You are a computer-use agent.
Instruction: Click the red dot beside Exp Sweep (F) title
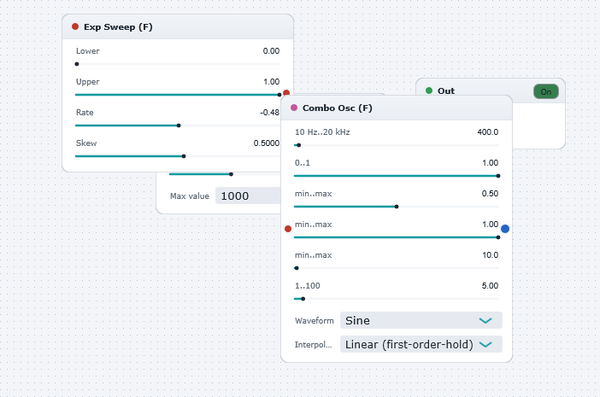coord(75,26)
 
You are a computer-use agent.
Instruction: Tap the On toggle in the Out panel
coord(545,91)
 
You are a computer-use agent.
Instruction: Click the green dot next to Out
coord(429,90)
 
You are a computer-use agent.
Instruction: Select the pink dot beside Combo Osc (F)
coord(294,108)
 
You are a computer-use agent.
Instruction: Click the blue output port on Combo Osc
coord(505,229)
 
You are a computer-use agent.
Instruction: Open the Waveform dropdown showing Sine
coord(421,320)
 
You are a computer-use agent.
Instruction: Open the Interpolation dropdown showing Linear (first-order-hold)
coord(421,344)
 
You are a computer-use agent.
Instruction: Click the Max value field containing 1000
coord(248,196)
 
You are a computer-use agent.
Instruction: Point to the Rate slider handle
coord(179,126)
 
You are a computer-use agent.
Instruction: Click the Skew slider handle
coord(184,156)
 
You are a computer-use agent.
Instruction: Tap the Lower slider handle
coord(77,64)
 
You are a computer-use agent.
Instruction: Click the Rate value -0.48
coord(270,113)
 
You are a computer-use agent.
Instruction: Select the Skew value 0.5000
coord(267,143)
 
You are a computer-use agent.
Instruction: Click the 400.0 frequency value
coord(488,131)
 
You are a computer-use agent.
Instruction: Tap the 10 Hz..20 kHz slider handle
coord(299,145)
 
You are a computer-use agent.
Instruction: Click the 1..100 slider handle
coord(303,299)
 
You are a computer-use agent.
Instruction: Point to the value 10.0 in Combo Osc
coord(491,255)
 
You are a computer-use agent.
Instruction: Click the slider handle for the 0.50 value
coord(397,207)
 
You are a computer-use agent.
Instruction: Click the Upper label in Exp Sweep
coord(88,82)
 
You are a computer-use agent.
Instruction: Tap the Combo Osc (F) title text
coord(337,108)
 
